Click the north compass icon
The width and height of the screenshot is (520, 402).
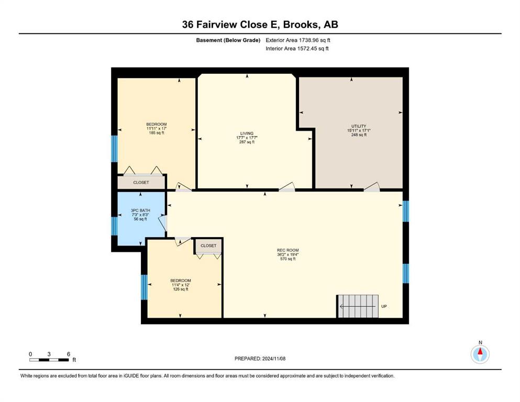[480, 354]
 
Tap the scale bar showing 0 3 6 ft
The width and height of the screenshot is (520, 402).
[49, 360]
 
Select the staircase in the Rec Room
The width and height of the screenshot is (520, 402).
[358, 306]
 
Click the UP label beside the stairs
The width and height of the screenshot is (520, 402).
[384, 306]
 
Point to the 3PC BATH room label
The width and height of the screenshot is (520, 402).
[140, 210]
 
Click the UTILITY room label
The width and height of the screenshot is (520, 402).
[359, 126]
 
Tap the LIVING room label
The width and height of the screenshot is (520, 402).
[247, 133]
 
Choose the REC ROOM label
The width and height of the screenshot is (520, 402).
[288, 250]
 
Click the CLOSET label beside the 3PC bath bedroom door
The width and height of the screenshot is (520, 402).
[208, 245]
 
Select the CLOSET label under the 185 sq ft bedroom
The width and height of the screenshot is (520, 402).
[141, 182]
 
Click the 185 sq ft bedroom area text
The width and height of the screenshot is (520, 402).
[157, 133]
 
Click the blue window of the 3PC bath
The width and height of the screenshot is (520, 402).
[114, 226]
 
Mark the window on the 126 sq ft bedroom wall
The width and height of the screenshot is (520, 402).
[144, 287]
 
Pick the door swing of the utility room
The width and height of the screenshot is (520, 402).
[372, 187]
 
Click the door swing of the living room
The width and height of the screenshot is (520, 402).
[287, 187]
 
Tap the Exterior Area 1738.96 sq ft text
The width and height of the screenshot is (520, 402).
[298, 40]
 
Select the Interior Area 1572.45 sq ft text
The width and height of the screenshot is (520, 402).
[297, 48]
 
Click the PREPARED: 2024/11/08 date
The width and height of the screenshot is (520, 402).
[260, 359]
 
